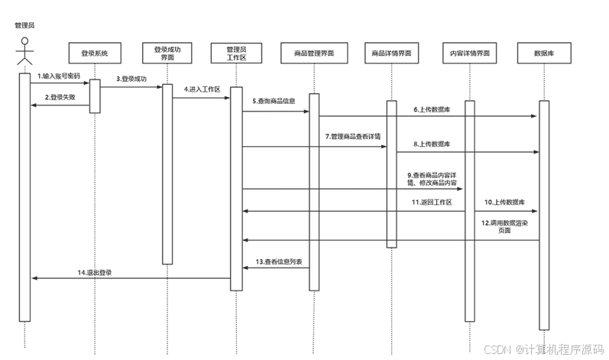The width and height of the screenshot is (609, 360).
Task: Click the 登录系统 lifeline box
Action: [94, 54]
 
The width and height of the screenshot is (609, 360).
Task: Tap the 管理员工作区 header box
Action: [236, 54]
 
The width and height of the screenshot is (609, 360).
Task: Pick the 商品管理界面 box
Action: [314, 54]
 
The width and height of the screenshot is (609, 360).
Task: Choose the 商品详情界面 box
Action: [391, 54]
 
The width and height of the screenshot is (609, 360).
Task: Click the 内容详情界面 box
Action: [470, 54]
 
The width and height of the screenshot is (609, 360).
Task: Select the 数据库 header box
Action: [543, 54]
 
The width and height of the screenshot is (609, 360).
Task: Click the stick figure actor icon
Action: [24, 52]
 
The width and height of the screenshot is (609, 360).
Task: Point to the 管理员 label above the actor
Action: [24, 25]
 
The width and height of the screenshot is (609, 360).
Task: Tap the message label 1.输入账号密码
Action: [58, 76]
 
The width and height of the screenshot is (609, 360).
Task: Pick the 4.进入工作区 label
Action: [202, 89]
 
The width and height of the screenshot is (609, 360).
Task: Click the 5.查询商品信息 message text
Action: [274, 102]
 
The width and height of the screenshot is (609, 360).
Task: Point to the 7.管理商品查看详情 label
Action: [352, 136]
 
